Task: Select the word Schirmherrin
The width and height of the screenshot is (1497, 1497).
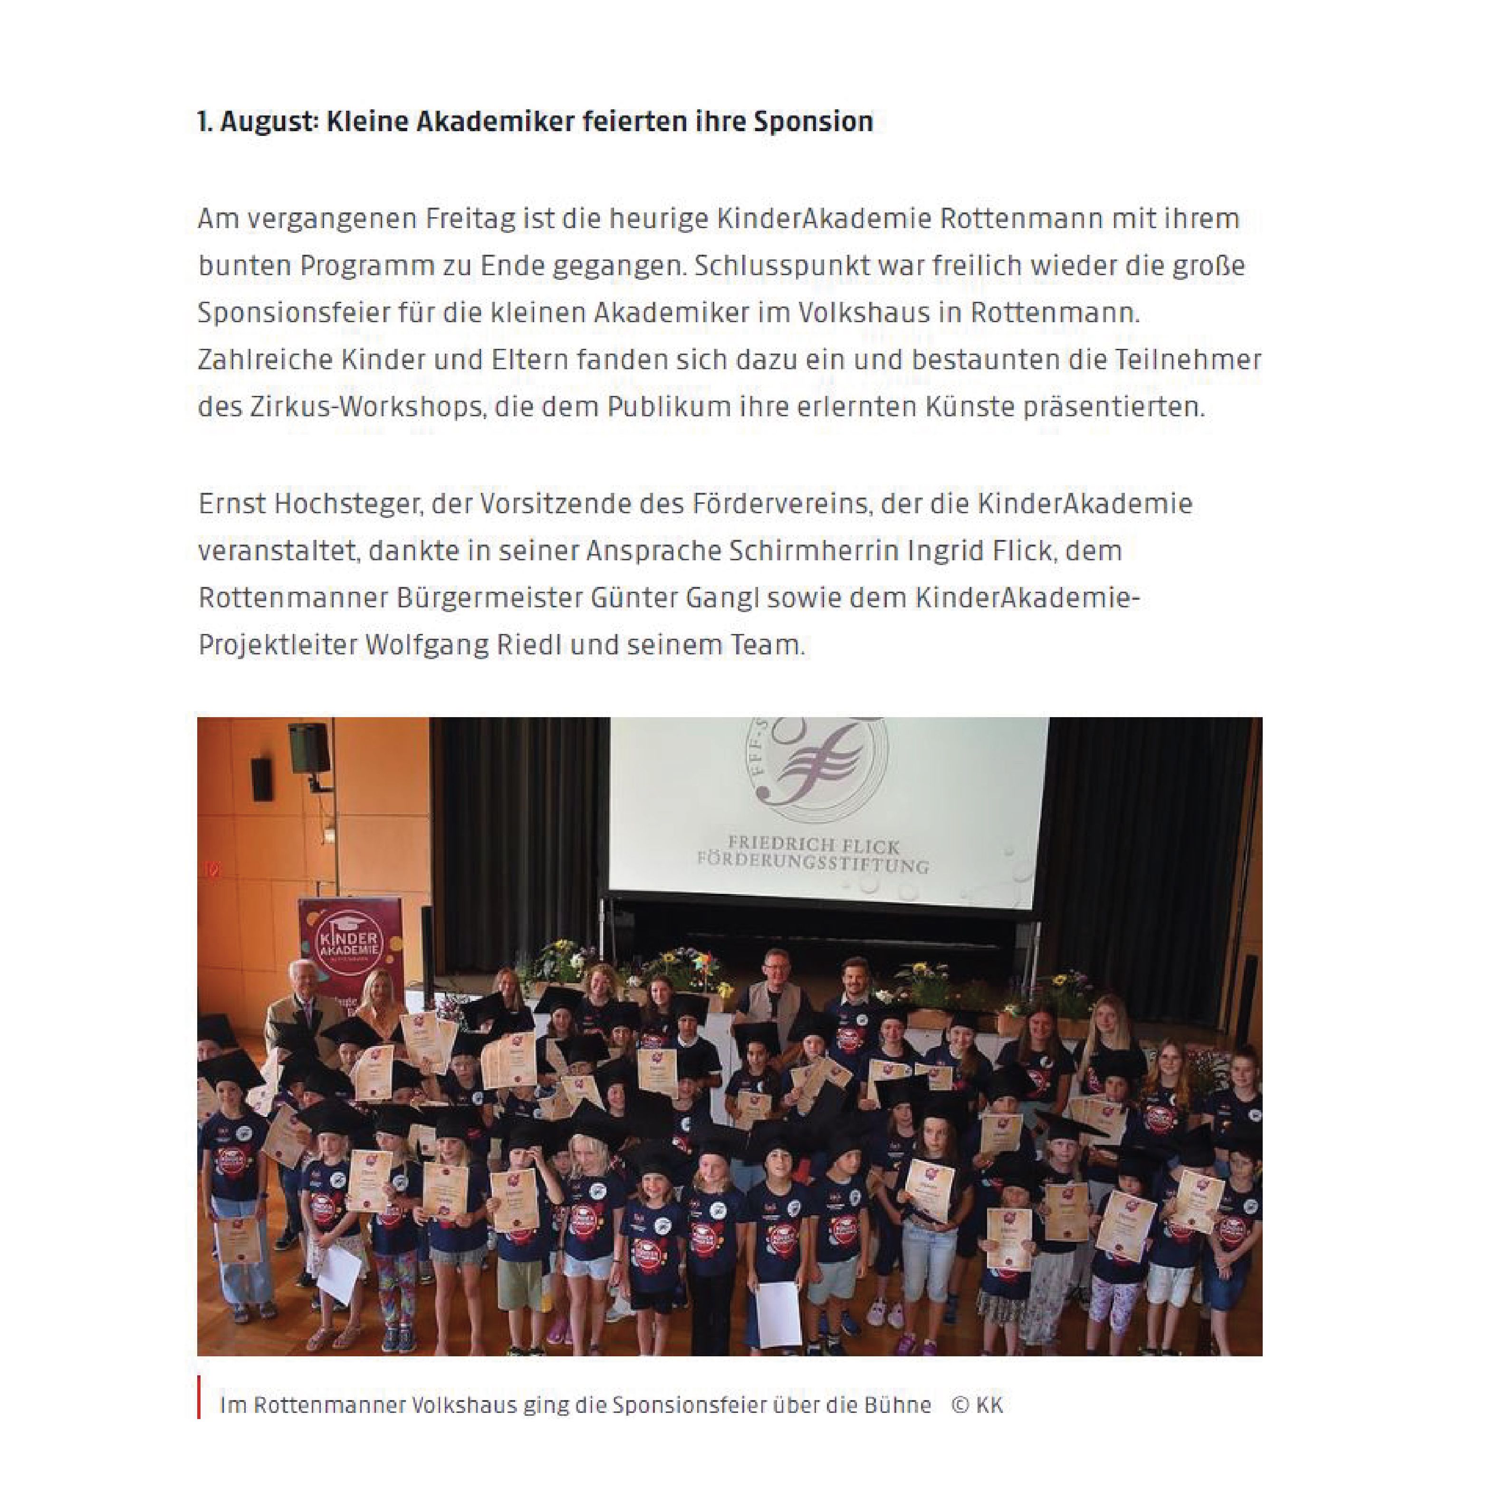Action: [814, 551]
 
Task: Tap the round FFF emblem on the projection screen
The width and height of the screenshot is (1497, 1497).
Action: [814, 767]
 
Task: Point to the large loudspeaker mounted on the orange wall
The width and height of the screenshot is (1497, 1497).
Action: [309, 748]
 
